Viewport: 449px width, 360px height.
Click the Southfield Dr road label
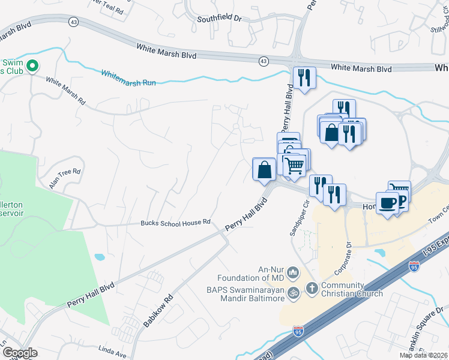coord(220,19)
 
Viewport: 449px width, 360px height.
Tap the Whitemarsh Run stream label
coord(128,78)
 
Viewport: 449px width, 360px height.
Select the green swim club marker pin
coord(32,66)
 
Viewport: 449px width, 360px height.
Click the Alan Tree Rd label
coord(64,179)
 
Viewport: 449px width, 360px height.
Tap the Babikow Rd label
coord(158,310)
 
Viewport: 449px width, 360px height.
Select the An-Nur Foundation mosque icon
coord(294,273)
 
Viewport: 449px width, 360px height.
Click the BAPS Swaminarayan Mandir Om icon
coord(294,293)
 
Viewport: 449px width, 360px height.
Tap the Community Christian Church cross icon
coord(312,289)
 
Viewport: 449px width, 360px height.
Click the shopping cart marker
coord(294,165)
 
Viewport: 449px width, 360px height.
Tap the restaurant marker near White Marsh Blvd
coord(304,77)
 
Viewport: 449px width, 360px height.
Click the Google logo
coord(20,352)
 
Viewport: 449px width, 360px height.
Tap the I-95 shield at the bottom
coord(298,331)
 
